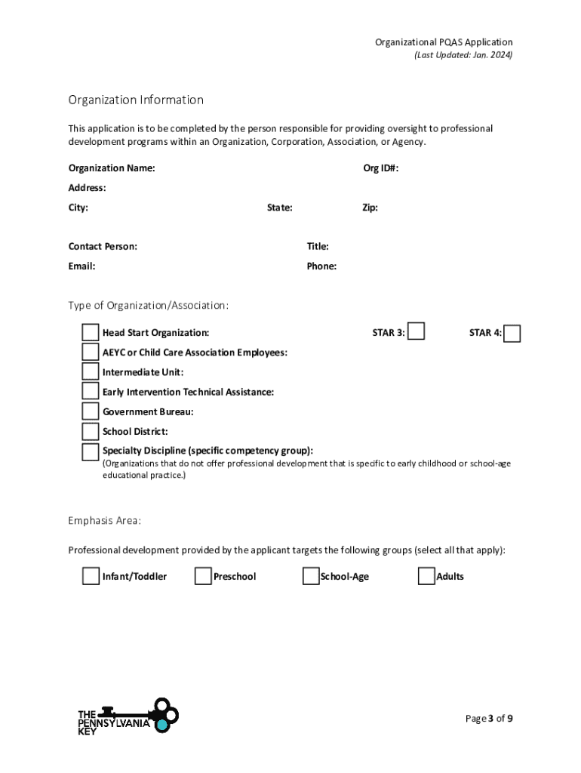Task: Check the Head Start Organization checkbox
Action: tap(91, 333)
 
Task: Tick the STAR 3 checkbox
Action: tap(416, 331)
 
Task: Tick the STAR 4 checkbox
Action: tap(512, 333)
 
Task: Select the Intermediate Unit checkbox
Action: tap(91, 372)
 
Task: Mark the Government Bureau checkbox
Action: tap(91, 411)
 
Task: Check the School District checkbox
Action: tap(91, 431)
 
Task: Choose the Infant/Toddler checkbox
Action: tap(91, 577)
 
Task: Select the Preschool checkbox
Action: tap(202, 577)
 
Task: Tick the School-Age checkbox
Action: tap(311, 577)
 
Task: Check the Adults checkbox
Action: tap(426, 577)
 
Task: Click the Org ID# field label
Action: tap(381, 168)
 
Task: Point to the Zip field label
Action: tap(370, 208)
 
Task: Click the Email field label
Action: tap(81, 266)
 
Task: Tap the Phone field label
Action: tap(321, 266)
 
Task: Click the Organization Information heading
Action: tap(136, 100)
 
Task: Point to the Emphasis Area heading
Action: tap(104, 521)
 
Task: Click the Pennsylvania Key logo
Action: tap(128, 717)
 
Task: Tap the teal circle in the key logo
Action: tap(161, 725)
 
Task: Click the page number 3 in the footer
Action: tap(491, 718)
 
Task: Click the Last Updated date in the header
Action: tap(463, 56)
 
